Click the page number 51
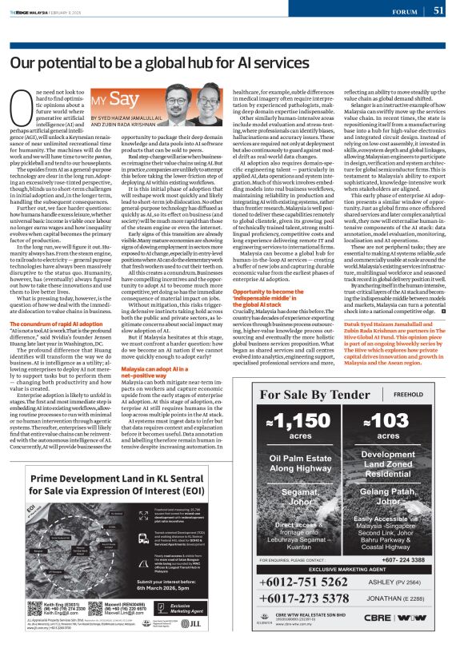tap(438, 10)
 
